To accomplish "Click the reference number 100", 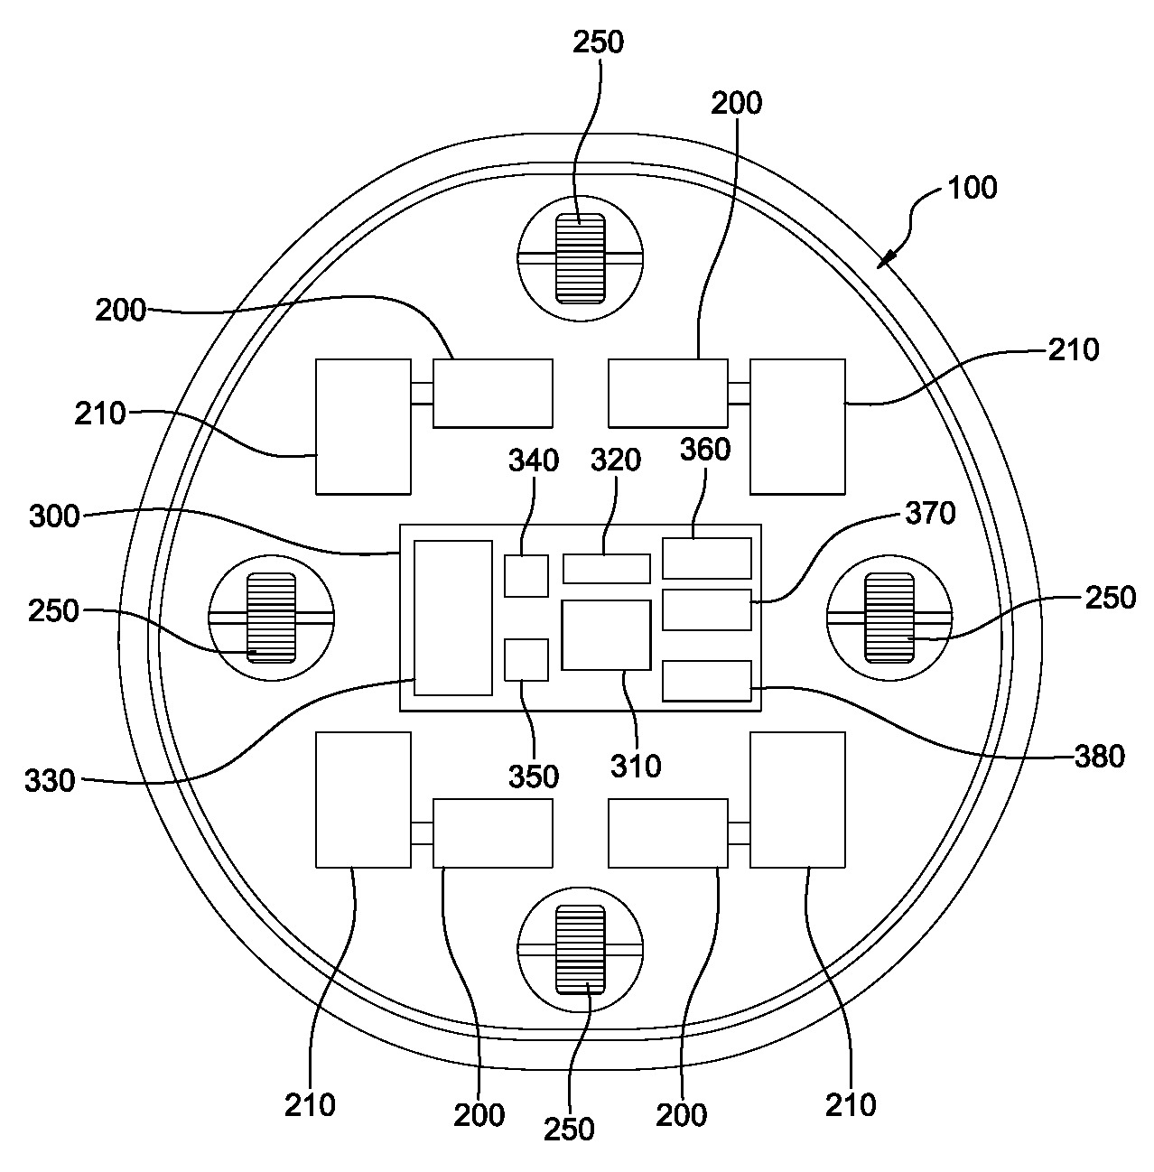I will (972, 188).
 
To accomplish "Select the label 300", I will (54, 517).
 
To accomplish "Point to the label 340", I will (534, 460).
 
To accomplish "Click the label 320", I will (616, 460).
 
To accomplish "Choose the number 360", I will (705, 449).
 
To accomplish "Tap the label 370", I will (930, 514).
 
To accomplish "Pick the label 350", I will (534, 777).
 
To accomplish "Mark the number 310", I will (636, 766).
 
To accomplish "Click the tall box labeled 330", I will (453, 618).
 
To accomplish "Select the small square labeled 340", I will (526, 576).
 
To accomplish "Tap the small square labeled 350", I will (526, 659).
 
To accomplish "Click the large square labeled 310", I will (606, 635).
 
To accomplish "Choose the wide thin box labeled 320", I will (607, 569).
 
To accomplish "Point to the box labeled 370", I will (707, 609).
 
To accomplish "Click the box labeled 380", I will (707, 681).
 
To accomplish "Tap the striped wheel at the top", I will (581, 257).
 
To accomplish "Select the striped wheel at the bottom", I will (581, 949).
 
